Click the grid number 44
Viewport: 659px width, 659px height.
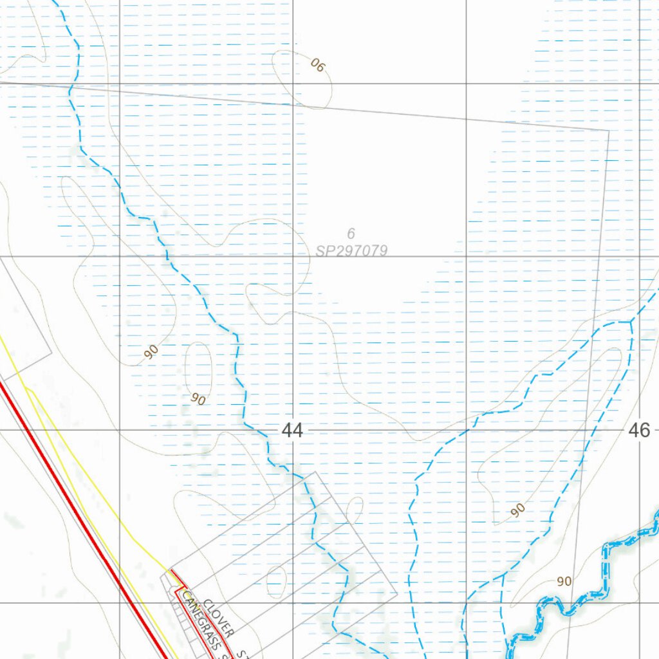coord(292,431)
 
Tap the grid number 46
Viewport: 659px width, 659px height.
coord(640,431)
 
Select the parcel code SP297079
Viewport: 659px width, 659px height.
coord(351,250)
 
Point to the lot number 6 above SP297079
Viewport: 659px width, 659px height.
coord(351,234)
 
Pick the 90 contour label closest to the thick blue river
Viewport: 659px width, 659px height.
coord(564,581)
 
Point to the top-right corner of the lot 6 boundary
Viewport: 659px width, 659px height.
coord(608,130)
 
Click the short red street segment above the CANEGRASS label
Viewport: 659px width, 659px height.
coord(176,577)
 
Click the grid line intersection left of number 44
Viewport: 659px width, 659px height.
coord(120,430)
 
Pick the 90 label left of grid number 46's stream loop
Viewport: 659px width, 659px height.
coord(518,510)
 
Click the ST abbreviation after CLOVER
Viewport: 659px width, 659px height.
coord(242,654)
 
